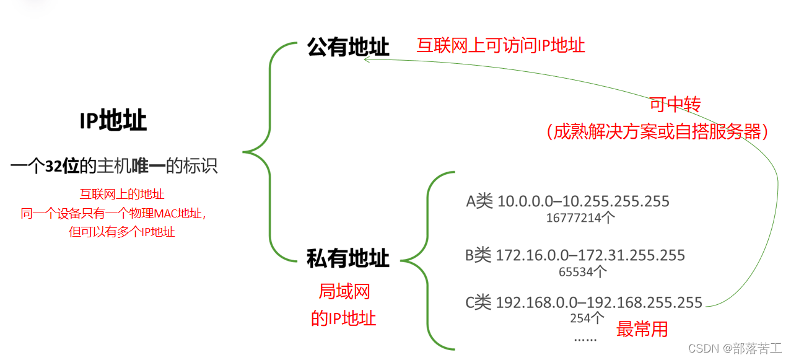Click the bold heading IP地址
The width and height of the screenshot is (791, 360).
113,121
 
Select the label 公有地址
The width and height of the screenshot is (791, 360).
348,46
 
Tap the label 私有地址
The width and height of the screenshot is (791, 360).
348,258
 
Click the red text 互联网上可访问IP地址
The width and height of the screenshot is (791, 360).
500,45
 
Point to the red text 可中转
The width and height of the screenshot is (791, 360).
675,105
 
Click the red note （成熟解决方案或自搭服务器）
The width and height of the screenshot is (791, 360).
657,131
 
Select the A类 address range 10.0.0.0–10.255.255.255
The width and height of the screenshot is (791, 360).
567,201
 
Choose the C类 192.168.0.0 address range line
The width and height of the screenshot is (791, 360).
583,303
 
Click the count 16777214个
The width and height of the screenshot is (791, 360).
580,217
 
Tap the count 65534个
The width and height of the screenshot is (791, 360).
582,271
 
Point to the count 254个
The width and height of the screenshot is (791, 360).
587,318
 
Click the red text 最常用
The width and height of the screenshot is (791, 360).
642,329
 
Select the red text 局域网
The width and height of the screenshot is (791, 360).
344,291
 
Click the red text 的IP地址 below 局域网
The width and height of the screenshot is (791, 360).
343,318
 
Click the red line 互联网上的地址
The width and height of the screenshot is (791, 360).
122,194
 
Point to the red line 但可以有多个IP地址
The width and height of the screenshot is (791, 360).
122,232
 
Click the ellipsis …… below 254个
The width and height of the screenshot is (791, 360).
585,338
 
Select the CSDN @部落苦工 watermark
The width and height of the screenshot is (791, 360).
735,348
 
